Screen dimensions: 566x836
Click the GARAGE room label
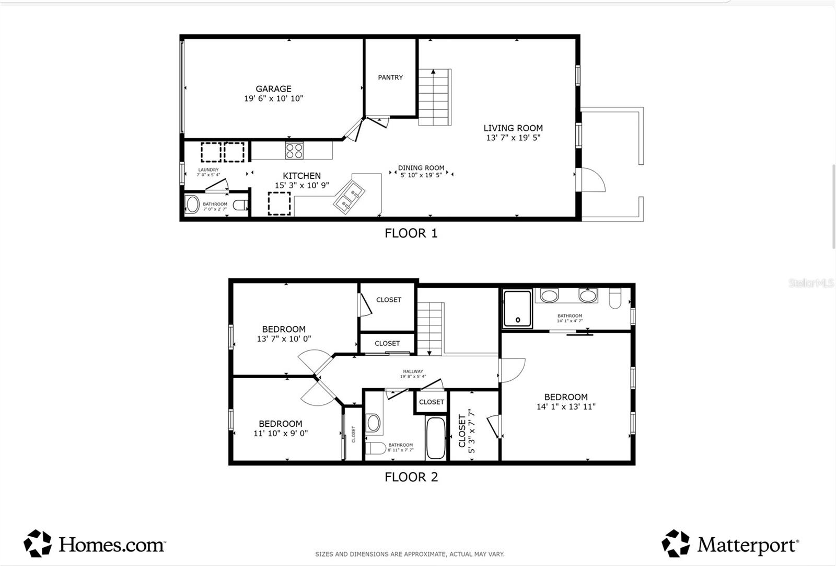click(x=273, y=89)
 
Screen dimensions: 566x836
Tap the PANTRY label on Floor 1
click(x=390, y=77)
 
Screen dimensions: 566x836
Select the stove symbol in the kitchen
click(x=294, y=151)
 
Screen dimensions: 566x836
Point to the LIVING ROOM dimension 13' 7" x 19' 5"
click(x=513, y=138)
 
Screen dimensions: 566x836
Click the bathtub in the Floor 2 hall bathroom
click(x=435, y=438)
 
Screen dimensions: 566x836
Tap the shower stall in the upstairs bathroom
click(x=517, y=309)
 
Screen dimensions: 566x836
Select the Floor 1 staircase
click(x=434, y=97)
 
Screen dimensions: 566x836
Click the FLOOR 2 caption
click(x=411, y=477)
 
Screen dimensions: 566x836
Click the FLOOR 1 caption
click(x=411, y=233)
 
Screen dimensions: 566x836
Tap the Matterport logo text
click(x=748, y=545)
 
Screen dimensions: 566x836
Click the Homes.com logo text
click(x=111, y=545)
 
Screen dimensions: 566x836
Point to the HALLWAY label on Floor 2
click(x=413, y=371)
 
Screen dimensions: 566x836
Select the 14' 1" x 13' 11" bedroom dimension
click(x=566, y=406)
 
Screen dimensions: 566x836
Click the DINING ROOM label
click(x=421, y=168)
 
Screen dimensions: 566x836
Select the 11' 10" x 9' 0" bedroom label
click(x=281, y=433)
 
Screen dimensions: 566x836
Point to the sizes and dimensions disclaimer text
click(x=410, y=554)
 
